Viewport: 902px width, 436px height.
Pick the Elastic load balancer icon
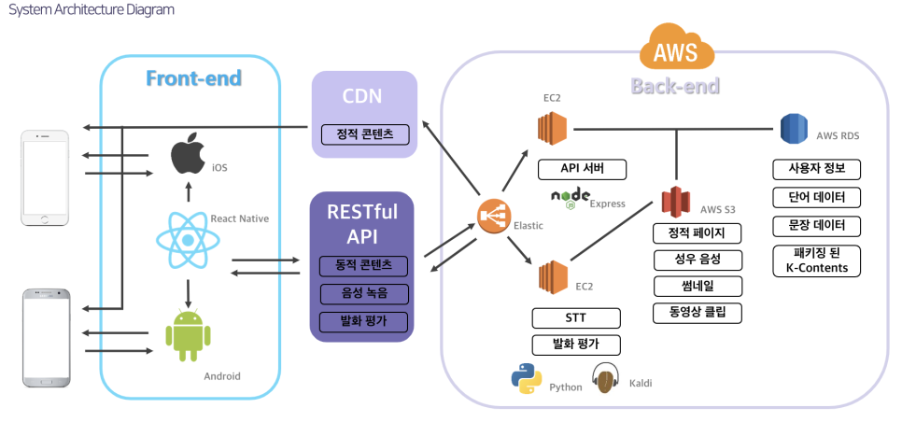point(490,218)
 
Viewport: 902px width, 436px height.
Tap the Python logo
point(527,379)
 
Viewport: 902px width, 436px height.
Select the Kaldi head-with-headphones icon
point(607,379)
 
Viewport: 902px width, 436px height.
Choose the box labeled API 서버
point(582,170)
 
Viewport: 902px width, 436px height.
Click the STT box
point(576,318)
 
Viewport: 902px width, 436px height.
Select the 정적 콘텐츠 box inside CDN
point(365,134)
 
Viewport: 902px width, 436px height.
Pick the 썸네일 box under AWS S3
point(698,286)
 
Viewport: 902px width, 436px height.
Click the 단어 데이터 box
point(817,198)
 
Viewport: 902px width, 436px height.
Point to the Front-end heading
point(193,78)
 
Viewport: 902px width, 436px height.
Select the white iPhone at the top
point(46,177)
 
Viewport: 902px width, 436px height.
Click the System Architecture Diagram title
point(91,9)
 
